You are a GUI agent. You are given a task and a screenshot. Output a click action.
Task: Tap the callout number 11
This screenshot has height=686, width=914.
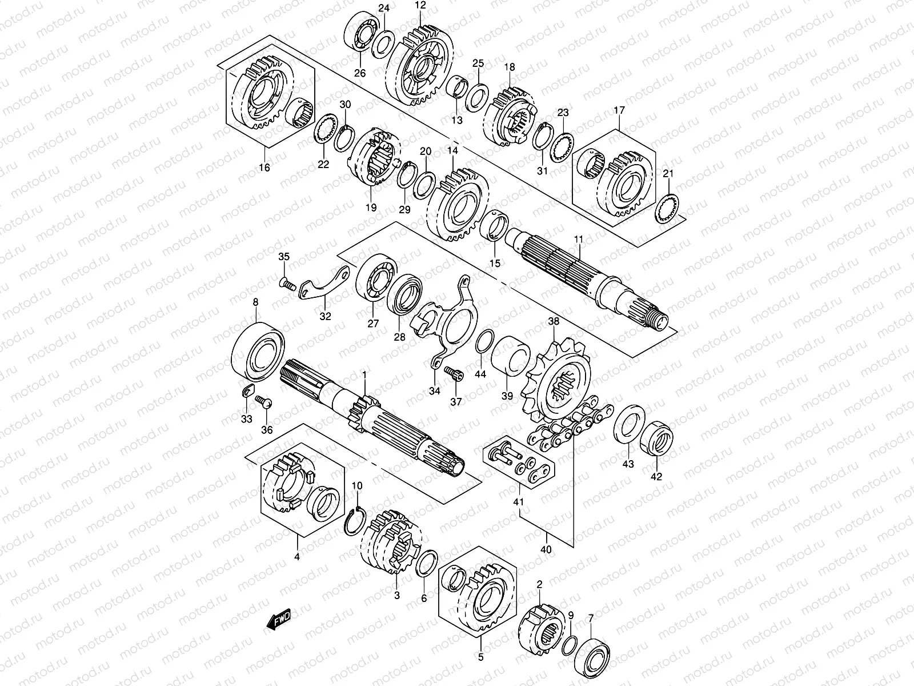tap(579, 240)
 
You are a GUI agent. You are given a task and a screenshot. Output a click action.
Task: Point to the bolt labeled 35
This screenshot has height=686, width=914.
tap(287, 285)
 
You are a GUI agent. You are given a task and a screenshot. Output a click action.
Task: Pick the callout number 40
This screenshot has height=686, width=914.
tap(546, 549)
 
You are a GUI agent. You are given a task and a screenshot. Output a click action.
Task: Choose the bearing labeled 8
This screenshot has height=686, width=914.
tap(258, 352)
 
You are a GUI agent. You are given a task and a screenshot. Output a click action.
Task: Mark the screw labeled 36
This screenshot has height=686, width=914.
tap(263, 402)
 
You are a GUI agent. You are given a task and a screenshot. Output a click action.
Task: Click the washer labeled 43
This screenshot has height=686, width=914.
tap(629, 429)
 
